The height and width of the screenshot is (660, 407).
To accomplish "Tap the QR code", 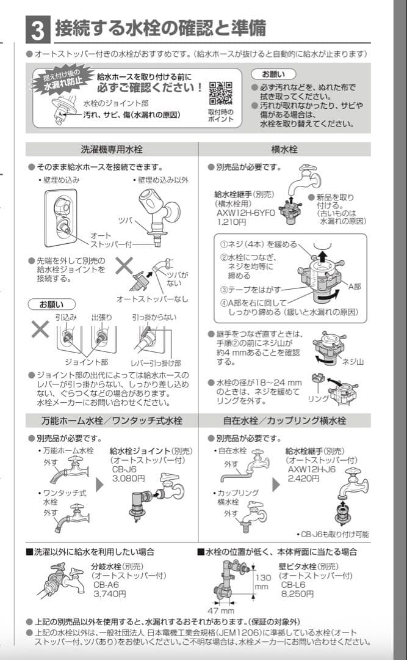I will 220,94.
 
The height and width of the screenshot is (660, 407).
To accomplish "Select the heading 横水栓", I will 284,150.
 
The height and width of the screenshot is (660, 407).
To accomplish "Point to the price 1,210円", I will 231,222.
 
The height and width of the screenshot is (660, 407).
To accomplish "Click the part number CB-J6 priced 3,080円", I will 121,470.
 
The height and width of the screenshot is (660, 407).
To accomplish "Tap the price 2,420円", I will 303,478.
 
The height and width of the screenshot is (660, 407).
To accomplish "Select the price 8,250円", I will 297,593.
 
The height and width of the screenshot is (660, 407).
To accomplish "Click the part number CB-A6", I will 106,584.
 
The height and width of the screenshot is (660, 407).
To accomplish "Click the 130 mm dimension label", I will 262,582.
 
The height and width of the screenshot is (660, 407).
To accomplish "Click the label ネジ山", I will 353,362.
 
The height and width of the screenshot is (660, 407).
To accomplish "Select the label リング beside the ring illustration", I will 318,398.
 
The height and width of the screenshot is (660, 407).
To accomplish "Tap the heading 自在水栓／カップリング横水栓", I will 284,421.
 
